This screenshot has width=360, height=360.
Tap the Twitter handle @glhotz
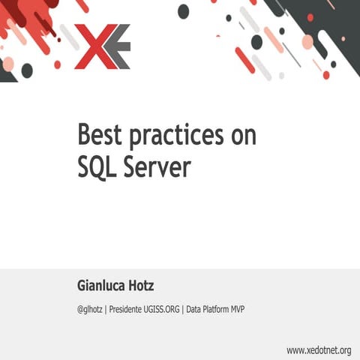coord(90,308)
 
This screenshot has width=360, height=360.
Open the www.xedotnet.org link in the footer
coord(319,350)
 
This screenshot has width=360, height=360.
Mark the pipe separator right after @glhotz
coord(106,308)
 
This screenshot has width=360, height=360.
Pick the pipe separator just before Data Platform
coord(183,308)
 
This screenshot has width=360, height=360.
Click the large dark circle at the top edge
coord(184,10)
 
